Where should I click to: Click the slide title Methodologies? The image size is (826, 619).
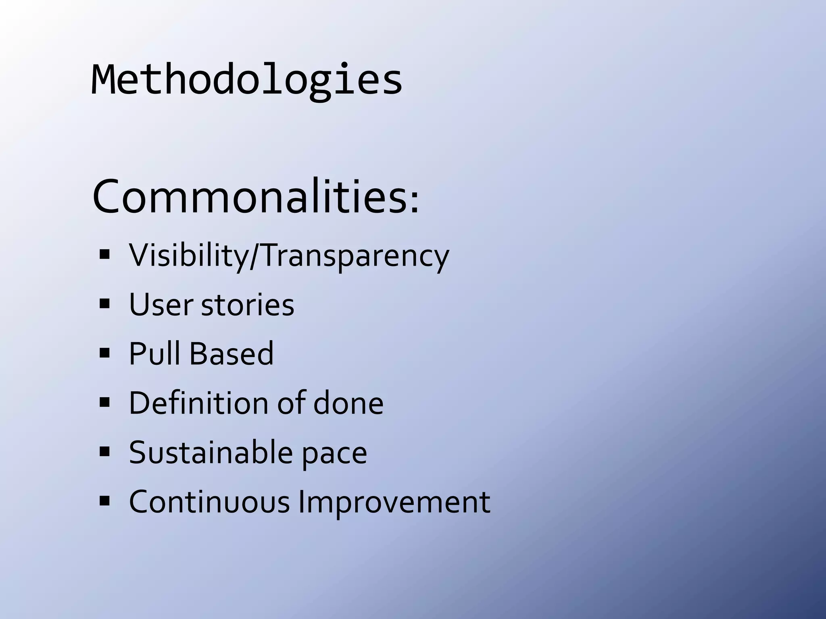pyautogui.click(x=246, y=79)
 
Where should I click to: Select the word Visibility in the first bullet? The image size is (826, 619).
pyautogui.click(x=188, y=255)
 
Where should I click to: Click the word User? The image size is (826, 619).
pyautogui.click(x=161, y=305)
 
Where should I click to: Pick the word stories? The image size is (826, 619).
pyautogui.click(x=247, y=305)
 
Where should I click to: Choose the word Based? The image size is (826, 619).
pyautogui.click(x=232, y=354)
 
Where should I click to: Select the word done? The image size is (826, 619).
pyautogui.click(x=348, y=403)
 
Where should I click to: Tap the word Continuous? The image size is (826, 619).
pyautogui.click(x=209, y=502)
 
